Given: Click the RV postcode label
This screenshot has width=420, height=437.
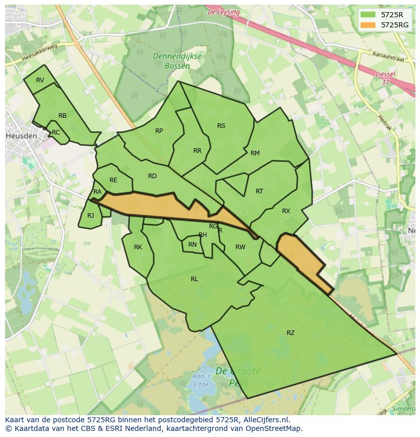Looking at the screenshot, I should [x=40, y=80].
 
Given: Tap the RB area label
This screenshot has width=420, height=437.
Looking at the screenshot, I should [x=62, y=116].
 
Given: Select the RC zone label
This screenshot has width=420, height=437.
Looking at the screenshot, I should [x=56, y=132].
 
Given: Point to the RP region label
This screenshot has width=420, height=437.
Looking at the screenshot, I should [x=159, y=131].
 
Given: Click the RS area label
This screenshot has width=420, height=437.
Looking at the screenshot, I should [x=221, y=126].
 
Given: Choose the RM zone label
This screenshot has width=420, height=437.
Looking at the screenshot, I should [x=255, y=153].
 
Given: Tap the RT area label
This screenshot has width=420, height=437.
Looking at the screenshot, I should [x=259, y=191].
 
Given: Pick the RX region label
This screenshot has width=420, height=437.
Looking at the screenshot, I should [x=286, y=211].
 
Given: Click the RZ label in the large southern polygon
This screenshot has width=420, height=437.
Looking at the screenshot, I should [x=291, y=333].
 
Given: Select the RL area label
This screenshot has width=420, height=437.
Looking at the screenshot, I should [x=194, y=279].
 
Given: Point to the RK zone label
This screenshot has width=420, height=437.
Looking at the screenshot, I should [x=138, y=247].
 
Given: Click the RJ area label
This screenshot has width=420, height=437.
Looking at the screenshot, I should [x=90, y=216].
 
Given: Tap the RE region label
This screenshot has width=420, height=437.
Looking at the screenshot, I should [x=113, y=180].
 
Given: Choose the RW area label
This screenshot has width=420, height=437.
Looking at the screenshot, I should [x=240, y=247].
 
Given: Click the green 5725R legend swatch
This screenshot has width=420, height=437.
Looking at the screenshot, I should [x=369, y=15].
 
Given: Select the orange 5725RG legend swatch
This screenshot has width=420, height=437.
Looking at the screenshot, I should [x=369, y=24].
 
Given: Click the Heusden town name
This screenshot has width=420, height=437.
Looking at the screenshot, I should [x=21, y=137].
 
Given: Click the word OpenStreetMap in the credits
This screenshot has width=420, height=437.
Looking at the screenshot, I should [x=273, y=428].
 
